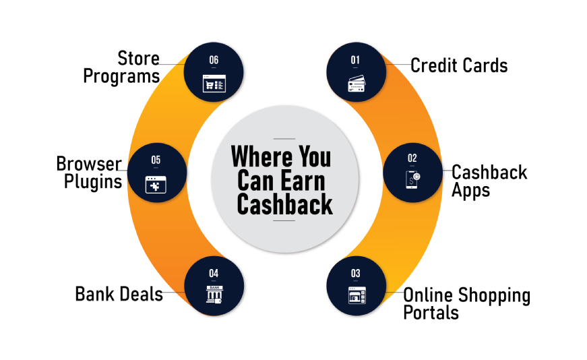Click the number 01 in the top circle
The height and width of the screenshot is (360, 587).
(x=355, y=60)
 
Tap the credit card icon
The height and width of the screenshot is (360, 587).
(x=357, y=84)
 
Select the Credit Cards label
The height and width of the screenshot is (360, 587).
(x=459, y=65)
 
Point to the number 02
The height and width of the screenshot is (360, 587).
(x=412, y=158)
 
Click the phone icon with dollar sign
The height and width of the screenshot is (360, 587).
(x=413, y=179)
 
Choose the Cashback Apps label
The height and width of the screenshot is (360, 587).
(x=489, y=181)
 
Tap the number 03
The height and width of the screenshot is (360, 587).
(x=356, y=274)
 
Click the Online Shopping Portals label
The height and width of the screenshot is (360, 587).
(x=467, y=304)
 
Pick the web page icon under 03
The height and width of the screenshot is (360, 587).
(x=357, y=295)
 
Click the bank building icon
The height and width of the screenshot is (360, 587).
(x=214, y=295)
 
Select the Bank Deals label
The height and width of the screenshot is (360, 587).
(x=119, y=294)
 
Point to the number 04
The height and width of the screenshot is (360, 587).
(x=214, y=274)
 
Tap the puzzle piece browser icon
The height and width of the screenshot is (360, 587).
(x=156, y=185)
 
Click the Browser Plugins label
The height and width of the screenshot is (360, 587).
(x=89, y=173)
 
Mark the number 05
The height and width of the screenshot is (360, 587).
(x=156, y=160)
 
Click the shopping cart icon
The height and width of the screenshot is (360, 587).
(x=214, y=84)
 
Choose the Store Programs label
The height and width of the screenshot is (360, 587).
(x=122, y=67)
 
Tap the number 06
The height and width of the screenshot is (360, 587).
(x=214, y=60)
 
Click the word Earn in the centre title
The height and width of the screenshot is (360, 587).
(x=303, y=181)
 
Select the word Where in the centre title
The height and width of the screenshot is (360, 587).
(x=261, y=156)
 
